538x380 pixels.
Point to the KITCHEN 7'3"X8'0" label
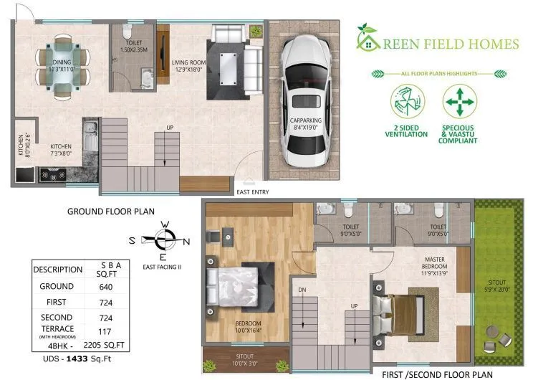point(61,149)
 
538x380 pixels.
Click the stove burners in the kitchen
point(54,173)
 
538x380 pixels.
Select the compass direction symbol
point(164,239)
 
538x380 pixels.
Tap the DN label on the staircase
point(303,290)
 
